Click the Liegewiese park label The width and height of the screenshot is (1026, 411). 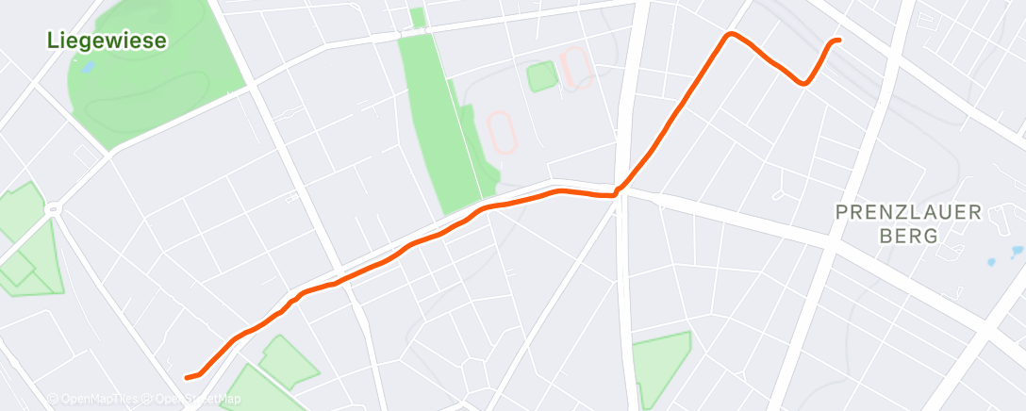coord(108,41)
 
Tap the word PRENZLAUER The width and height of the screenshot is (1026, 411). coord(908,213)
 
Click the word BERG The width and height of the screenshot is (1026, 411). coord(908,236)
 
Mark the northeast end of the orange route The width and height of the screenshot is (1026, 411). coord(838,41)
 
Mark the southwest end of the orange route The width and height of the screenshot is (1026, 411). coord(187,378)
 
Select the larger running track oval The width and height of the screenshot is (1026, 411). coord(503,133)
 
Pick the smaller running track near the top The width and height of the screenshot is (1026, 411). coord(575,68)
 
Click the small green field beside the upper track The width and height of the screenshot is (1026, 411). coord(541,76)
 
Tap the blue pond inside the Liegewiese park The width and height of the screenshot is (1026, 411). coord(88,68)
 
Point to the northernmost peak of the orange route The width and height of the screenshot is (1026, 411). coord(730,35)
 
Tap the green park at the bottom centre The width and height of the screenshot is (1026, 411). coord(661,367)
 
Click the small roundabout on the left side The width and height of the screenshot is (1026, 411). coord(54,208)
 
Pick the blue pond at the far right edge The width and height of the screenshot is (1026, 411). coord(1016,252)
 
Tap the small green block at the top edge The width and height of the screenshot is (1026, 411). coord(417,17)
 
